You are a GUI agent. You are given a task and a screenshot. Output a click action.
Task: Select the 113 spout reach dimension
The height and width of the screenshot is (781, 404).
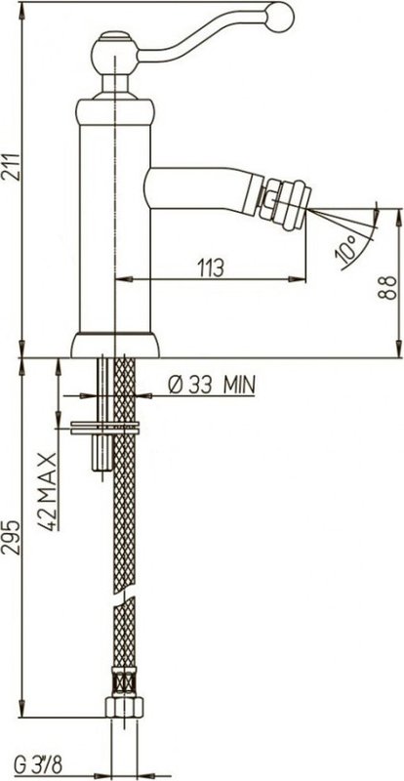click(211, 267)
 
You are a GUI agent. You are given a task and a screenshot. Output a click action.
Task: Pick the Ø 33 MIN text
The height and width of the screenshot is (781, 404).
click(212, 384)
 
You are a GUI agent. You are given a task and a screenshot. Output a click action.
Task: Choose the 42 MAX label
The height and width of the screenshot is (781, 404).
click(47, 492)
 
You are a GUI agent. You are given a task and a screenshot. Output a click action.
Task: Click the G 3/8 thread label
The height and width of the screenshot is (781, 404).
click(38, 766)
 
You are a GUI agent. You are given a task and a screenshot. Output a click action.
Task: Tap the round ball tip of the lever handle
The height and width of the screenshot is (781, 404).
click(279, 17)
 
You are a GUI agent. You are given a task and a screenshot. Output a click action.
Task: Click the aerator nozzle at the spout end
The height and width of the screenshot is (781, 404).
click(288, 205)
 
